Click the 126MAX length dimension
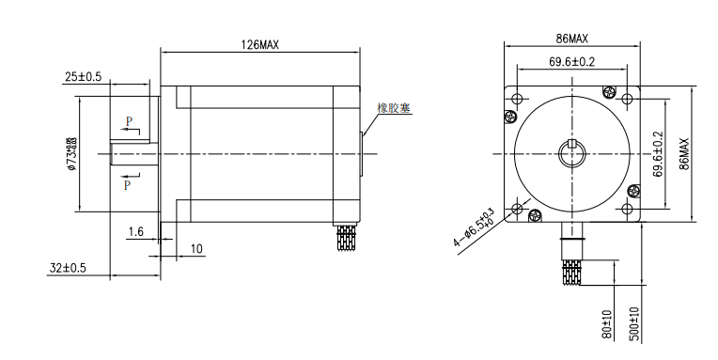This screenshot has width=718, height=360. pyautogui.click(x=259, y=44)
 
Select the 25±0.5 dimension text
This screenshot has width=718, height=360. pyautogui.click(x=84, y=76)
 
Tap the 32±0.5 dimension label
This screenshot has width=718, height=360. pyautogui.click(x=68, y=268)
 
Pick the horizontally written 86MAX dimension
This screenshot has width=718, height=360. pyautogui.click(x=572, y=39)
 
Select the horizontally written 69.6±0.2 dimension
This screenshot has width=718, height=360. pyautogui.click(x=572, y=63)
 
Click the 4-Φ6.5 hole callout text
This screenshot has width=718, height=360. pyautogui.click(x=473, y=227)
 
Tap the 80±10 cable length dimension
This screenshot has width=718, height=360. pyautogui.click(x=608, y=323)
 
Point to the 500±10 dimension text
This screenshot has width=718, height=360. pyautogui.click(x=635, y=323)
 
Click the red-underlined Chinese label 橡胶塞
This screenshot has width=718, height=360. pyautogui.click(x=394, y=108)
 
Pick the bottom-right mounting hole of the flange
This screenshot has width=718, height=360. pyautogui.click(x=627, y=208)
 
